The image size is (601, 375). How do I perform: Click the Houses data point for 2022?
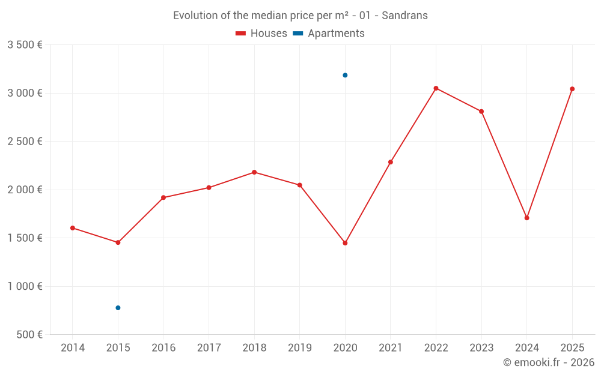pyautogui.click(x=436, y=88)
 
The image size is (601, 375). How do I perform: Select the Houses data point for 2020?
pyautogui.click(x=345, y=243)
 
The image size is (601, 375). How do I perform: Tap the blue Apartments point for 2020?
pyautogui.click(x=345, y=75)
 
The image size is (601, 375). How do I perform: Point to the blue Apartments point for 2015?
pyautogui.click(x=118, y=308)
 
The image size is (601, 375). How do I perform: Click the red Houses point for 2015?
pyautogui.click(x=118, y=242)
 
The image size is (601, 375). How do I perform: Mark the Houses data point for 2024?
pyautogui.click(x=526, y=218)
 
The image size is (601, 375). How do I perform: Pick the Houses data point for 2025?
pyautogui.click(x=572, y=89)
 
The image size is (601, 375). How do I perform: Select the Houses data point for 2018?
pyautogui.click(x=254, y=172)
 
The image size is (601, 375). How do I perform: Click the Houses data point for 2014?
pyautogui.click(x=73, y=228)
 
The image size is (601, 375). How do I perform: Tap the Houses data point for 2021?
pyautogui.click(x=391, y=162)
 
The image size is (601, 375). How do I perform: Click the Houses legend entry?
pyautogui.click(x=261, y=34)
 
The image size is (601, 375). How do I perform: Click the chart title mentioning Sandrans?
pyautogui.click(x=300, y=16)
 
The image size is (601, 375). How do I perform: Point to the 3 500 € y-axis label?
pyautogui.click(x=25, y=45)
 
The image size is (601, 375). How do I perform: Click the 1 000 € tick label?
pyautogui.click(x=25, y=286)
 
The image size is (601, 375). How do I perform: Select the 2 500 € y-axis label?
pyautogui.click(x=25, y=142)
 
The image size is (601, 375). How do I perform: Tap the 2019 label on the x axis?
pyautogui.click(x=299, y=348)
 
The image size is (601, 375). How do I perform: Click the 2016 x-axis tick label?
pyautogui.click(x=163, y=348)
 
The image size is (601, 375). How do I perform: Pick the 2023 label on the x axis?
pyautogui.click(x=481, y=348)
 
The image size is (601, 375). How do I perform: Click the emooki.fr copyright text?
pyautogui.click(x=549, y=362)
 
